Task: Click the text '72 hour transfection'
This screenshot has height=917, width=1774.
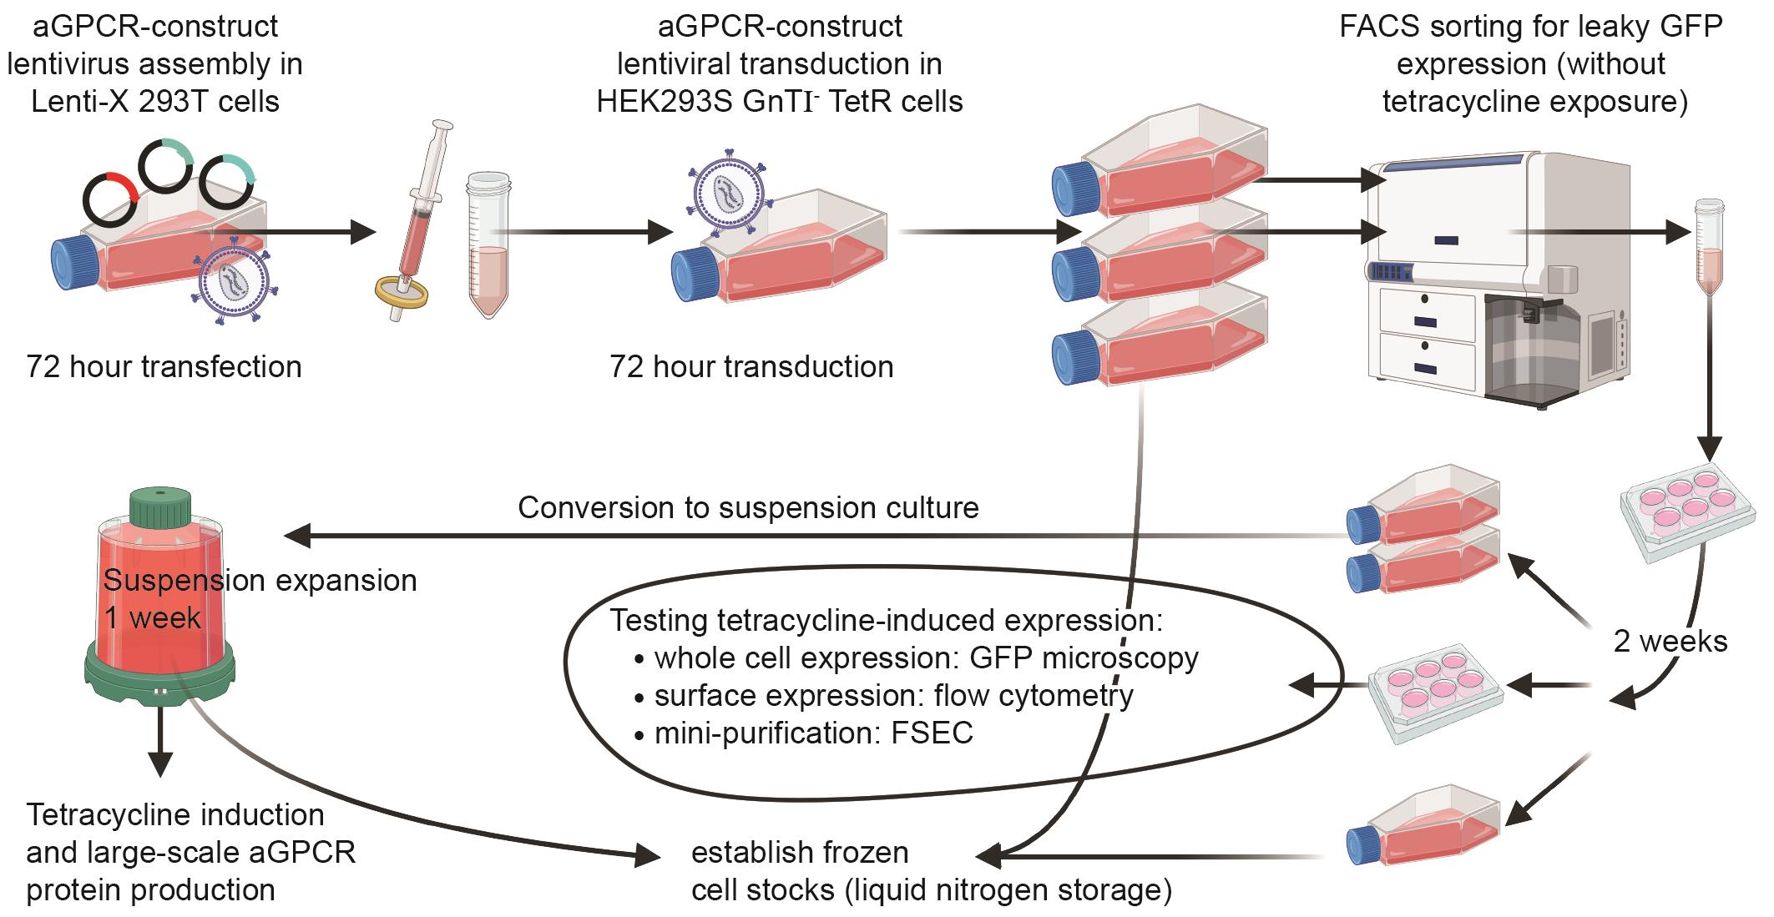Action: [x=164, y=367]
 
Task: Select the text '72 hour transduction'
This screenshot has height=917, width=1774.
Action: [x=751, y=367]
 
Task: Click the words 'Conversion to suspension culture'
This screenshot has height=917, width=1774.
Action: [x=748, y=508]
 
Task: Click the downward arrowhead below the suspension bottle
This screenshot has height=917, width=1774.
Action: [x=159, y=763]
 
